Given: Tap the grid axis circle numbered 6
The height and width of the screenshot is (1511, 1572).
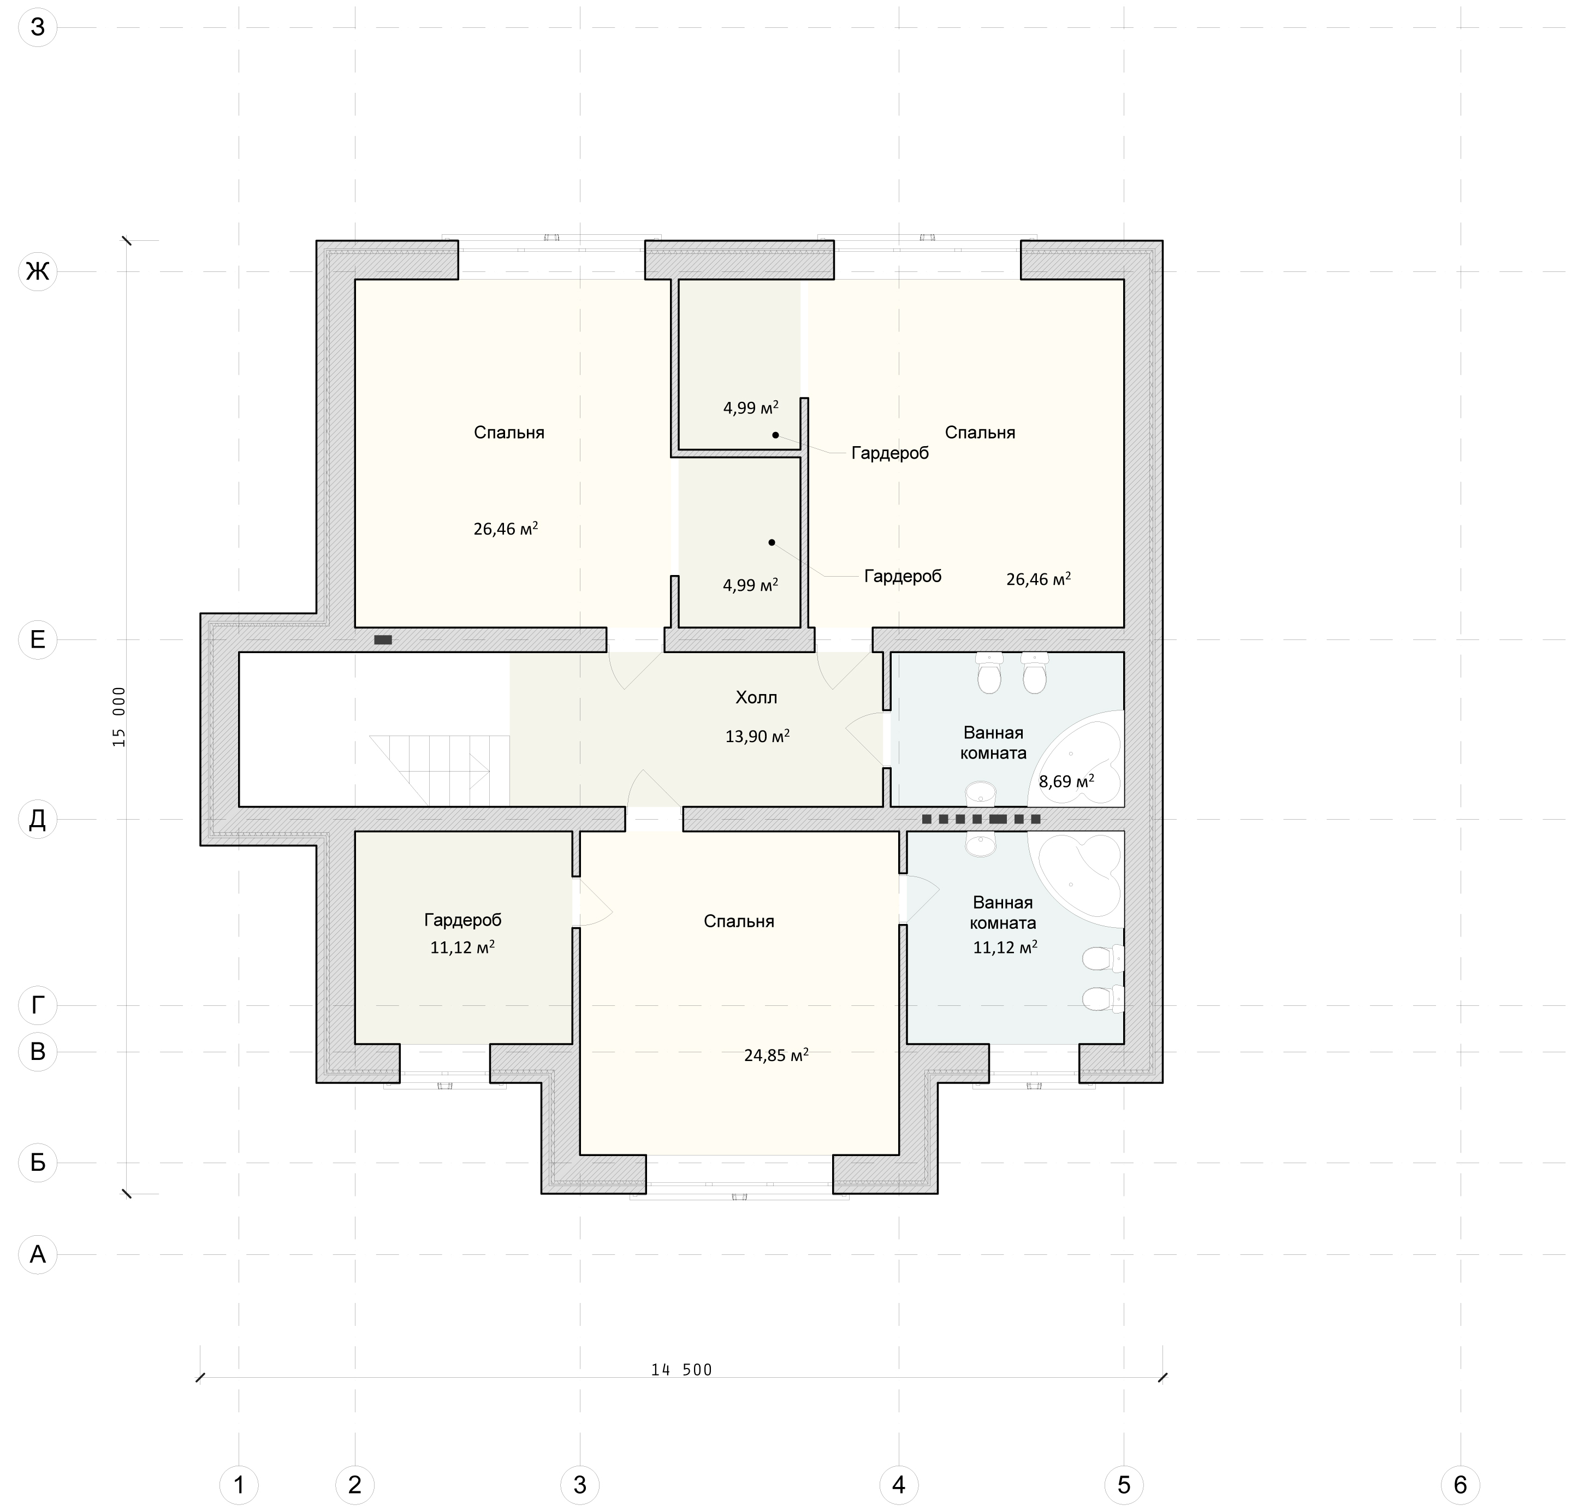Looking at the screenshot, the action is pos(1461,1485).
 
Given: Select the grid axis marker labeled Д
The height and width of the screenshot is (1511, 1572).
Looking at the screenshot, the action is pos(38,819).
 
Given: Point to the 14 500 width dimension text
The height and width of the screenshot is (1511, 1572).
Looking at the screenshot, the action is pos(682,1370).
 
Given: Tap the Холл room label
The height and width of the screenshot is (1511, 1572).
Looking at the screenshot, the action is pos(756,698).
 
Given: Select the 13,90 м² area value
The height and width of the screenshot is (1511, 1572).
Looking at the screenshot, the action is pos(757,736).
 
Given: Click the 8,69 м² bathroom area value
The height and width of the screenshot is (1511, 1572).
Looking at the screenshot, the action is pos(1067,780).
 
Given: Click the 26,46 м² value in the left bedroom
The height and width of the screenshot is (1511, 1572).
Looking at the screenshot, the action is pos(505,529).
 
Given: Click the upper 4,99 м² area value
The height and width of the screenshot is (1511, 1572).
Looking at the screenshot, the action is pos(751,407).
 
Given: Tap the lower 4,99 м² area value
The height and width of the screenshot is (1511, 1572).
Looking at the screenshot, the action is pos(751,585).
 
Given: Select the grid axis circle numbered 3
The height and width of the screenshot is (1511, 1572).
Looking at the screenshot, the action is pos(580,1485).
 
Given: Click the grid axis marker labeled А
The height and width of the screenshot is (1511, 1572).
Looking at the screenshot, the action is pos(38,1254).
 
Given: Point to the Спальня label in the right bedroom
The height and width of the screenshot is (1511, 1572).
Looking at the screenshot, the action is pos(980,433).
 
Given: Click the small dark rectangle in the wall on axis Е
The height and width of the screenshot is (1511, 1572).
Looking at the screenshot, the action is pos(383,639).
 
